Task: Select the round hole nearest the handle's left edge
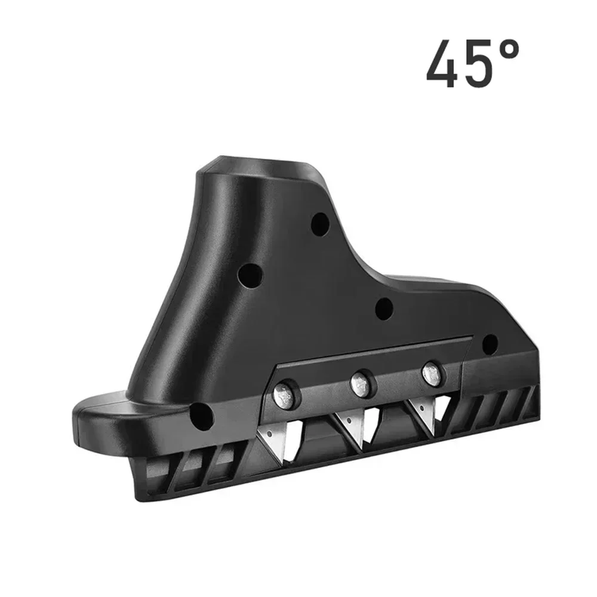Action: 249,276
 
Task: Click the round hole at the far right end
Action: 490,343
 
